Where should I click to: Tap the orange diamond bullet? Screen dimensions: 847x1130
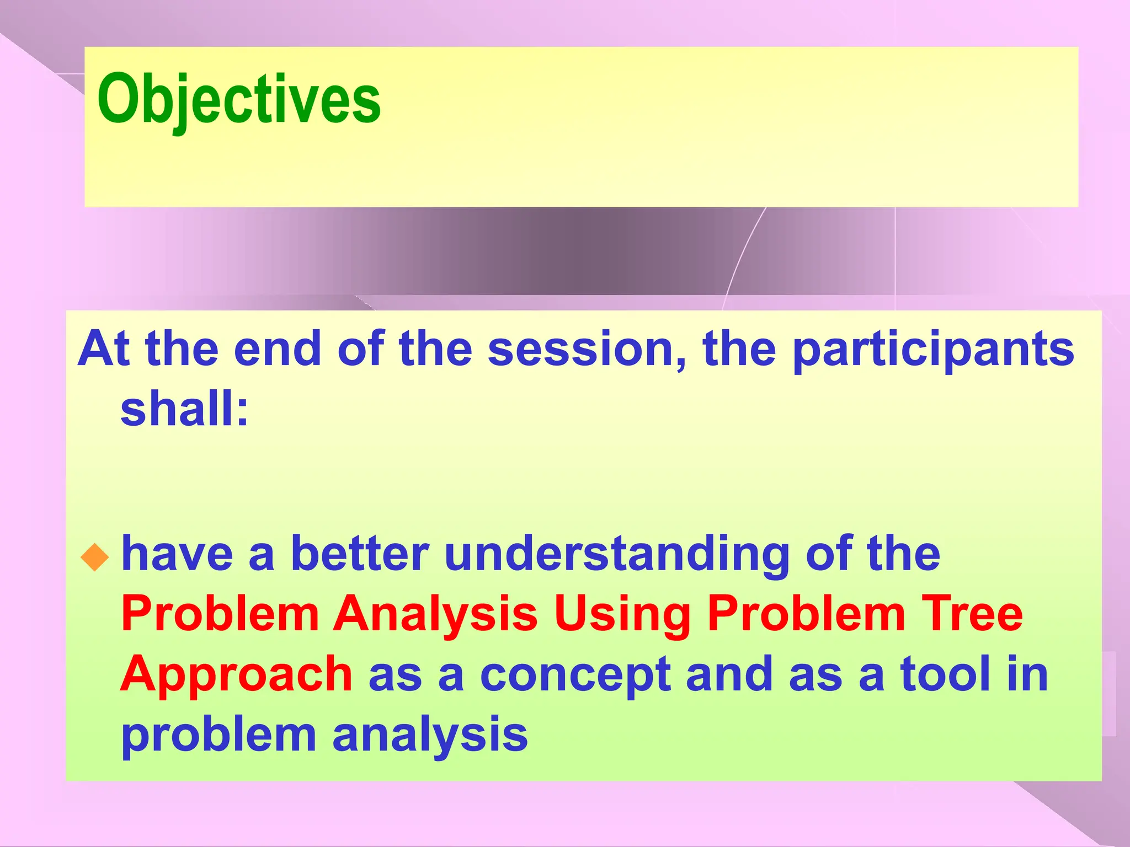[x=95, y=557]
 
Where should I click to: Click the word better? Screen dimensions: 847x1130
[x=359, y=554]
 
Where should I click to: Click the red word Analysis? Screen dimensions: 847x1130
[x=435, y=615]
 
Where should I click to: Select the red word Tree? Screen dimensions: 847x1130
[x=973, y=614]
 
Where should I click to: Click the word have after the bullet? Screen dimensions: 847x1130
[x=177, y=554]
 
